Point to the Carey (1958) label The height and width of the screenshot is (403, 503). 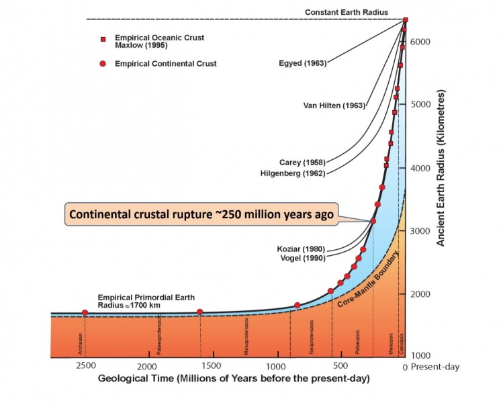[302, 163]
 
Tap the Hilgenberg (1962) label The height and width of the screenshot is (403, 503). [293, 173]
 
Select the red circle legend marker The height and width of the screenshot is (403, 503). [103, 64]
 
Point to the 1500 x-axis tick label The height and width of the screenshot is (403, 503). [212, 367]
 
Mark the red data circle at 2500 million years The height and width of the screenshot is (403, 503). [85, 313]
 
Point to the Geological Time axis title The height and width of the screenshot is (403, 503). [234, 379]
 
